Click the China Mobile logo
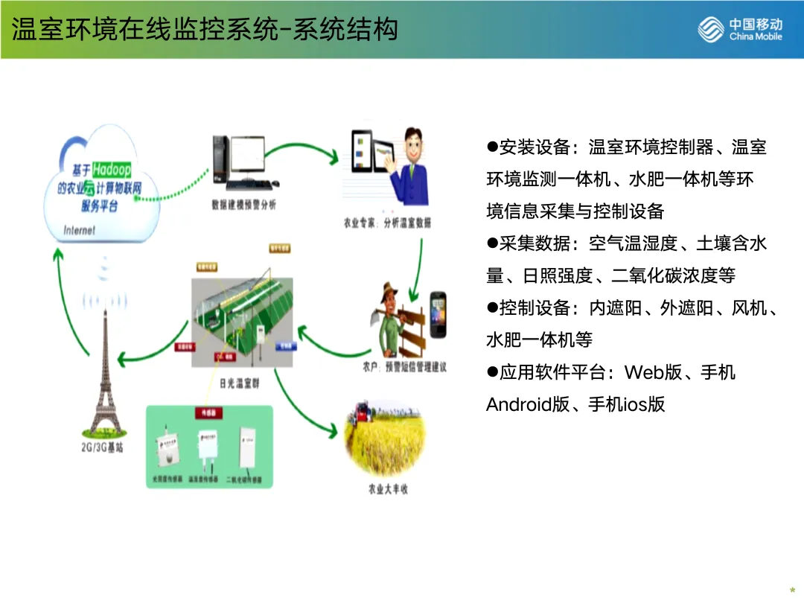(x=741, y=30)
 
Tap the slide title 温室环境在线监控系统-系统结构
(x=205, y=29)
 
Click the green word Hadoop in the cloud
(x=112, y=170)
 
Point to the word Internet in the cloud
(x=80, y=230)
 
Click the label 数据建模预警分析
(x=243, y=205)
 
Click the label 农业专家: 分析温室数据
(x=387, y=223)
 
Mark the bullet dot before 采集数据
(x=491, y=243)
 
